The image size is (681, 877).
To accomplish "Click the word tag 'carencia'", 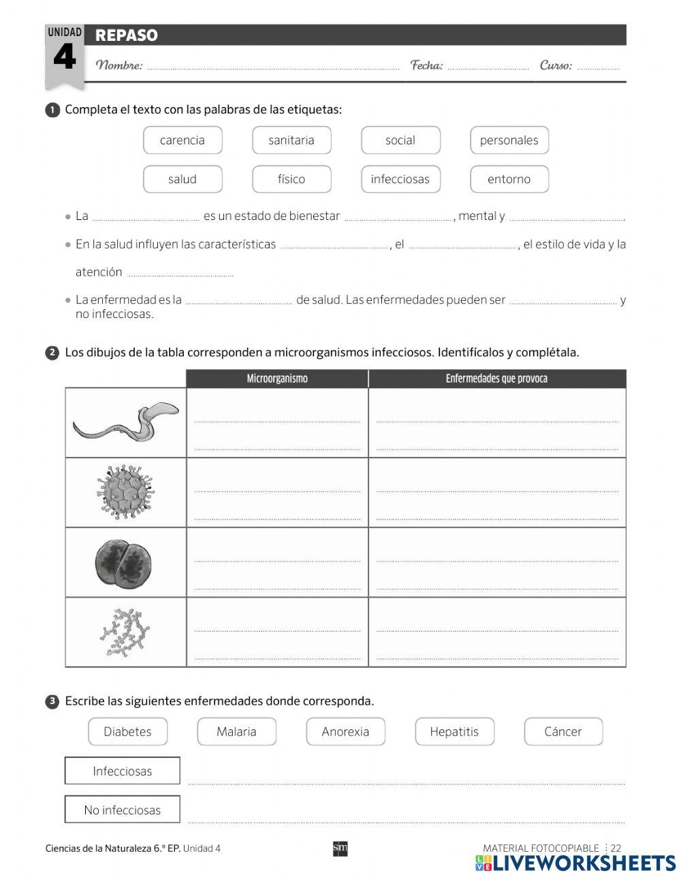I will [x=183, y=140].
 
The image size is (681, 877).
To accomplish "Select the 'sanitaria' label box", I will [x=291, y=140].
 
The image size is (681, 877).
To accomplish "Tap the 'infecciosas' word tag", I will [x=400, y=179].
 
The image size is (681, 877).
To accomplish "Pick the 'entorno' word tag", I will [x=509, y=179].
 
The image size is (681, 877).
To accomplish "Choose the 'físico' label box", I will [x=291, y=179].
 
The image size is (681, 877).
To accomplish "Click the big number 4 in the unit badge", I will [x=65, y=57].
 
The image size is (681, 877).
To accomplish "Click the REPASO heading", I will [x=127, y=35].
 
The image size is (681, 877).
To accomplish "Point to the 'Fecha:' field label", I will [x=426, y=65].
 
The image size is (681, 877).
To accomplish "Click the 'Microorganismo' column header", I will [x=277, y=379].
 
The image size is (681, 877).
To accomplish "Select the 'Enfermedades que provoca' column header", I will [x=496, y=379].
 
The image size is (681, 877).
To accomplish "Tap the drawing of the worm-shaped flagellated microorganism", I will [x=126, y=422].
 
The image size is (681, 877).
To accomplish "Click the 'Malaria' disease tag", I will [x=236, y=732].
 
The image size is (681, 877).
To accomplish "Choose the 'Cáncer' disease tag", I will [x=563, y=732].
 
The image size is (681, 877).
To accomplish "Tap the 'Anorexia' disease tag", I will [x=345, y=732].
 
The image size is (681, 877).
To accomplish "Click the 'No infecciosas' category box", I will [x=123, y=810].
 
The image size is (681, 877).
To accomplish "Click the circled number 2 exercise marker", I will [x=52, y=353].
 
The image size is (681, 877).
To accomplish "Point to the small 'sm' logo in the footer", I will [x=340, y=848].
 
